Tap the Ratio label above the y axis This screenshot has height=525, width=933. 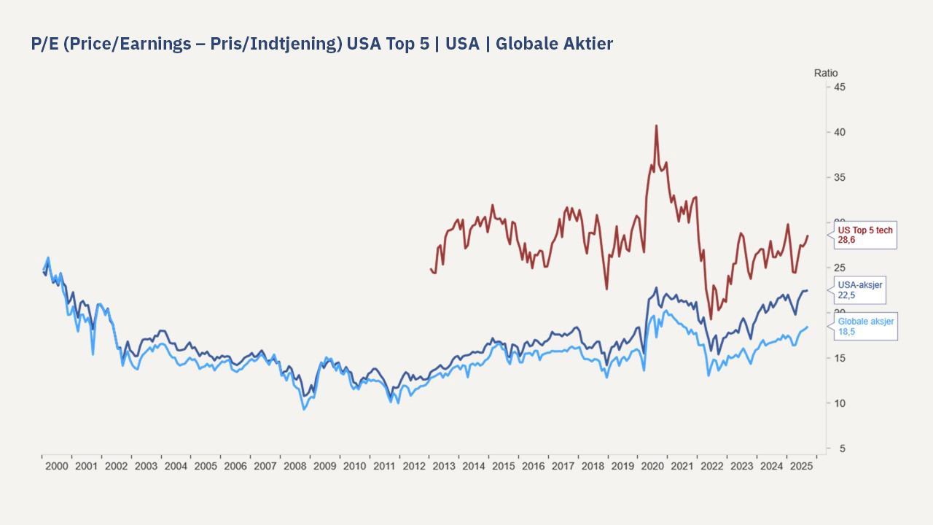(826, 73)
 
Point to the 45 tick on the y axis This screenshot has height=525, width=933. (839, 87)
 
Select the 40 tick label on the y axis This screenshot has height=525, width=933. (839, 132)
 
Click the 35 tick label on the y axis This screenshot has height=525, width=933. (839, 177)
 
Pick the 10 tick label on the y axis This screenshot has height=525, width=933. (839, 403)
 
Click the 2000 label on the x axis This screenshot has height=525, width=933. (57, 466)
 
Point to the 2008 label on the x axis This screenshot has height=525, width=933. (295, 466)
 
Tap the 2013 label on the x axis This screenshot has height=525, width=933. (444, 466)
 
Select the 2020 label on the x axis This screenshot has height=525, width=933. (652, 466)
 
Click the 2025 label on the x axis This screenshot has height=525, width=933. (801, 466)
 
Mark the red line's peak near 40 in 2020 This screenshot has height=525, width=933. (656, 125)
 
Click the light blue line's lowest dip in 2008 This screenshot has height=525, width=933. (304, 410)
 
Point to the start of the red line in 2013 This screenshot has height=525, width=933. (431, 269)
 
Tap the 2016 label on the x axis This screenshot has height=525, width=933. (534, 466)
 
